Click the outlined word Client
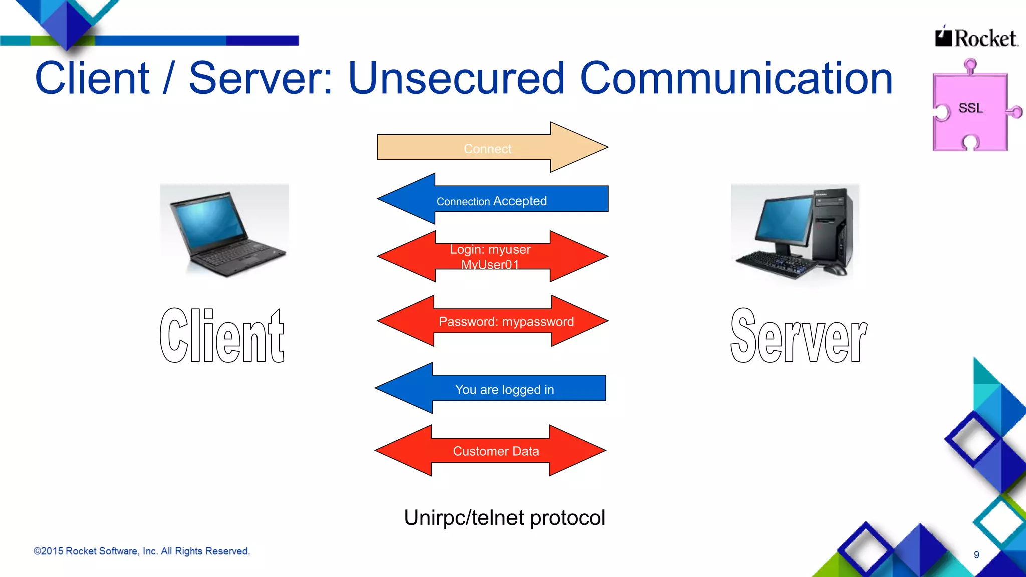tap(222, 336)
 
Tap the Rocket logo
tap(977, 38)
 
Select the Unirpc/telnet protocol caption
tap(504, 518)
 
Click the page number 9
tap(976, 555)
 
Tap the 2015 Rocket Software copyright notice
tap(142, 551)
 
